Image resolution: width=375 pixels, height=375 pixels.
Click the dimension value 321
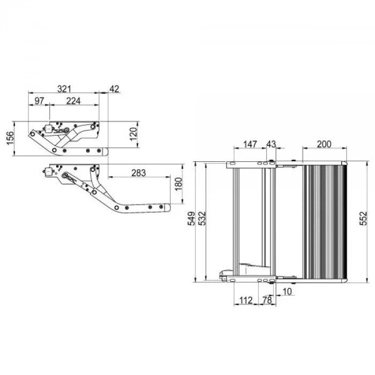click(x=65, y=88)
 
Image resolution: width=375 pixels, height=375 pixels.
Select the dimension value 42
click(x=114, y=88)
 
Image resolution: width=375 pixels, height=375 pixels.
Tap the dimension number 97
click(x=39, y=101)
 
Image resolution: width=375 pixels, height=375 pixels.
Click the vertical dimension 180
click(x=178, y=189)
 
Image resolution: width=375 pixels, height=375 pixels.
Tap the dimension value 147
click(x=250, y=144)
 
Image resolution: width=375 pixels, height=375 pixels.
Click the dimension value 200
click(x=324, y=144)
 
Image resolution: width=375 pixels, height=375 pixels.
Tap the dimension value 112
click(x=245, y=301)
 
